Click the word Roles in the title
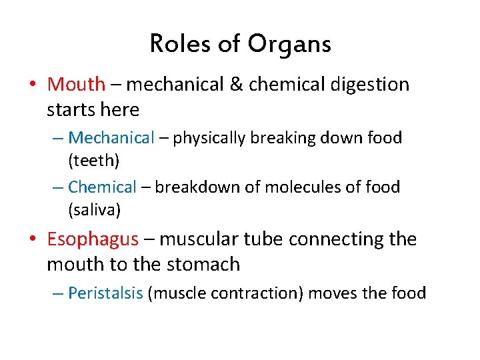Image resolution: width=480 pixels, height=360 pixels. pyautogui.click(x=175, y=44)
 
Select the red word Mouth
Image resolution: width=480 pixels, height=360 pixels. pyautogui.click(x=76, y=85)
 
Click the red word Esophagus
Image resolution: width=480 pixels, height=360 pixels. pyautogui.click(x=93, y=239)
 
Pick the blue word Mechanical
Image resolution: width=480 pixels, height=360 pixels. pyautogui.click(x=111, y=138)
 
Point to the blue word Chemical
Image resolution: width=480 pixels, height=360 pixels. pyautogui.click(x=102, y=187)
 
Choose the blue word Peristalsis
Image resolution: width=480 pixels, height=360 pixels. pyautogui.click(x=105, y=293)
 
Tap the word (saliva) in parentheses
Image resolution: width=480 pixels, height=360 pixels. pyautogui.click(x=94, y=211)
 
